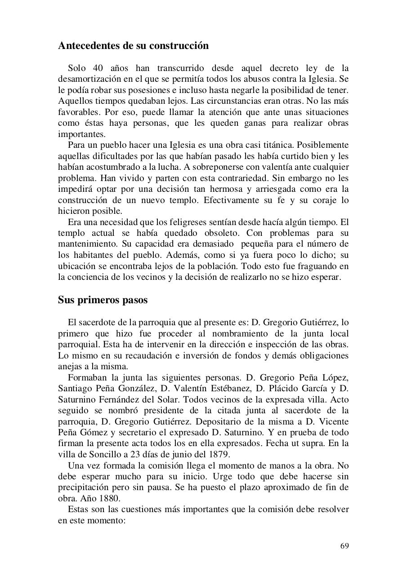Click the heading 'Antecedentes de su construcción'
[133, 46]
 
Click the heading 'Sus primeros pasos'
[103, 300]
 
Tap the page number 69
[344, 546]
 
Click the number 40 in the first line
[98, 68]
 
